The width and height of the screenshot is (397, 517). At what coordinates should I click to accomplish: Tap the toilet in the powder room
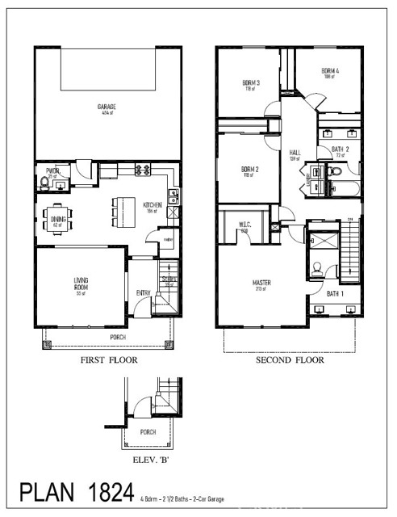(44, 183)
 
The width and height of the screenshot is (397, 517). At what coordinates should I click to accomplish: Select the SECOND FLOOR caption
(290, 360)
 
